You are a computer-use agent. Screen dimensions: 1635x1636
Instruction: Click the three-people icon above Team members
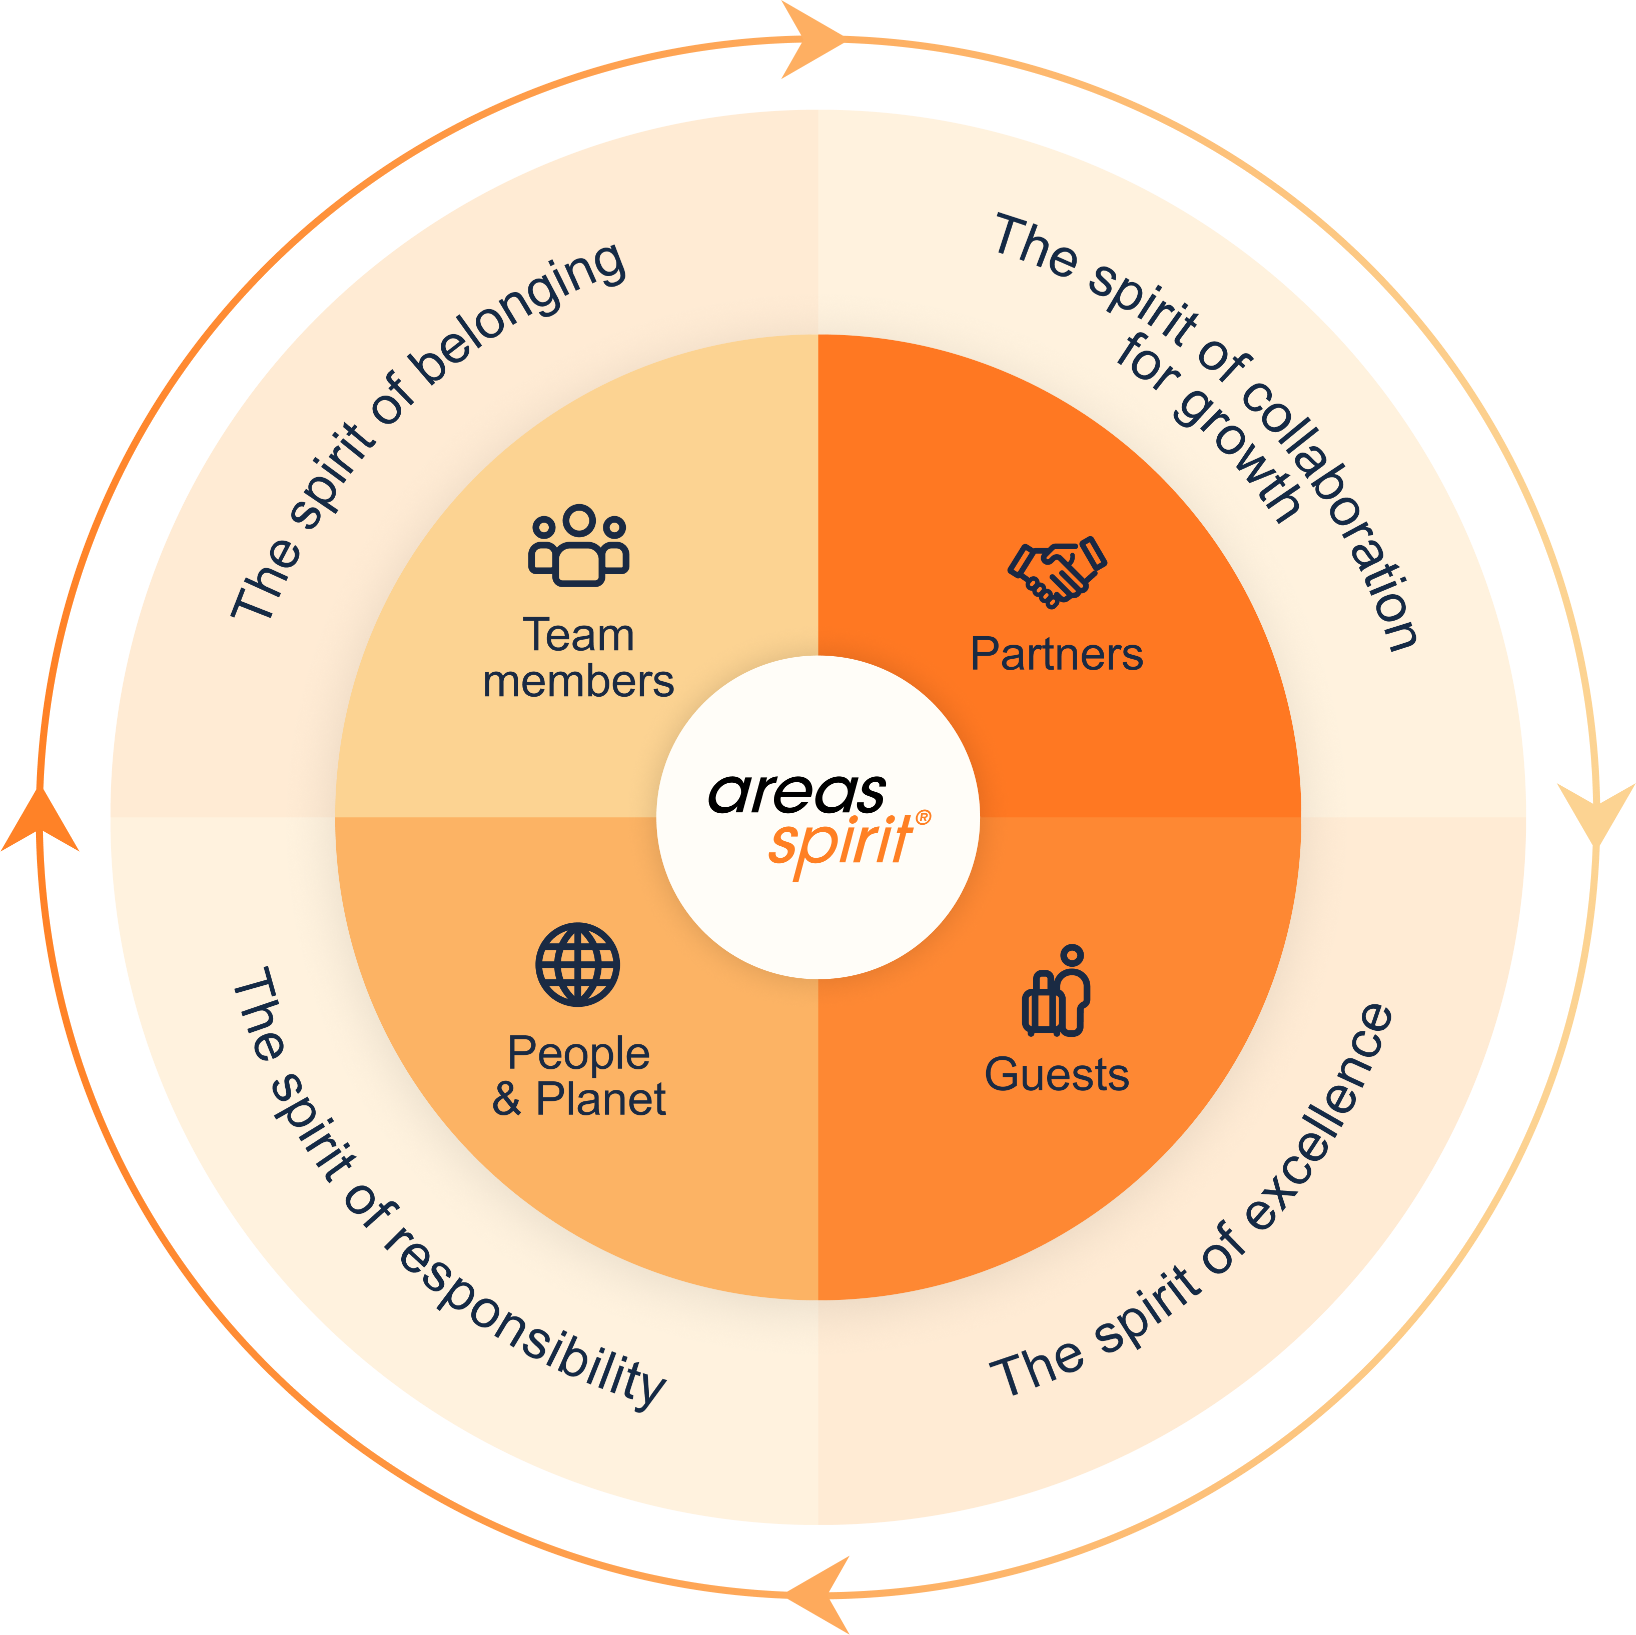[578, 546]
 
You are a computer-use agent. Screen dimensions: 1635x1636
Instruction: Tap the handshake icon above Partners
[1057, 572]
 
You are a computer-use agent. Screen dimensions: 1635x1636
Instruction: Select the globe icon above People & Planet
[577, 964]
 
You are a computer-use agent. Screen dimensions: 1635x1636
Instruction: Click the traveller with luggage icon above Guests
[1056, 991]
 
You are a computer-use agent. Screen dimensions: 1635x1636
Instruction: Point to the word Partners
[1057, 655]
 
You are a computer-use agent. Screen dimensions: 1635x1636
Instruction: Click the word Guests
[1057, 1074]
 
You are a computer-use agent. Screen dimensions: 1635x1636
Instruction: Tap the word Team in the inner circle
[578, 635]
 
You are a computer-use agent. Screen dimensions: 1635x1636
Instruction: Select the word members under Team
[578, 682]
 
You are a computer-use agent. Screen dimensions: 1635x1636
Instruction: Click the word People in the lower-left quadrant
[578, 1053]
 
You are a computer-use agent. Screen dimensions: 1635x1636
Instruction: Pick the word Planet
[601, 1099]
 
